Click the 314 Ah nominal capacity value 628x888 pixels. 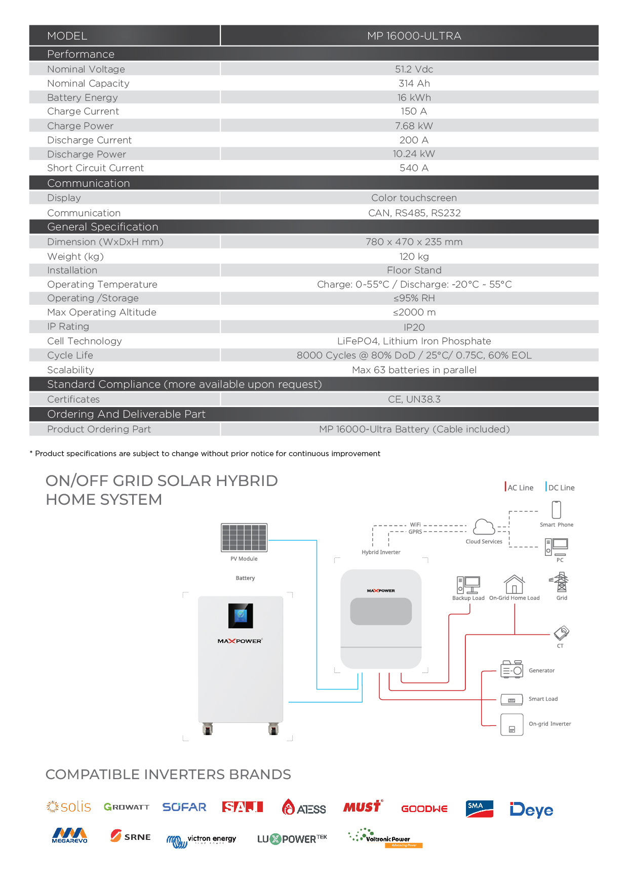click(414, 84)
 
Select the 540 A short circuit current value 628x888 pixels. click(414, 168)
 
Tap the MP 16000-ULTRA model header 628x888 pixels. click(414, 36)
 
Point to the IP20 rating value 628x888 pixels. click(414, 328)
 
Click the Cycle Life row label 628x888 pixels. click(70, 355)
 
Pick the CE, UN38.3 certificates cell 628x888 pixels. click(414, 399)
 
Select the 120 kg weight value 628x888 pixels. click(414, 257)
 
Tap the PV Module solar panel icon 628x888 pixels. click(244, 538)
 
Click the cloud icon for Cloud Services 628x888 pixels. click(484, 527)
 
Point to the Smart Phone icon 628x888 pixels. click(556, 510)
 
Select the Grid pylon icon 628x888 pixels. click(561, 583)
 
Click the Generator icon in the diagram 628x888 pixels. click(512, 669)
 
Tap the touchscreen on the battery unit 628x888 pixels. click(241, 616)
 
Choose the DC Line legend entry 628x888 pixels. click(560, 488)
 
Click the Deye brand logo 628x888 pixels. click(531, 810)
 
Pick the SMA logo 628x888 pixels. click(479, 809)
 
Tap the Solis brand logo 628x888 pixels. click(69, 807)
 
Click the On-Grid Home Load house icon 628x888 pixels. click(514, 584)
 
